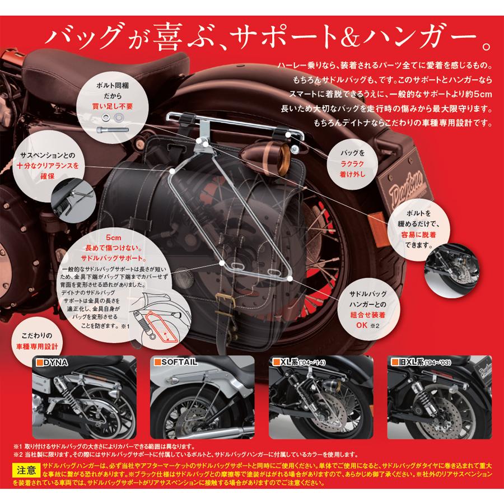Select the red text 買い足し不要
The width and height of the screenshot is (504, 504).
click(x=113, y=105)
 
